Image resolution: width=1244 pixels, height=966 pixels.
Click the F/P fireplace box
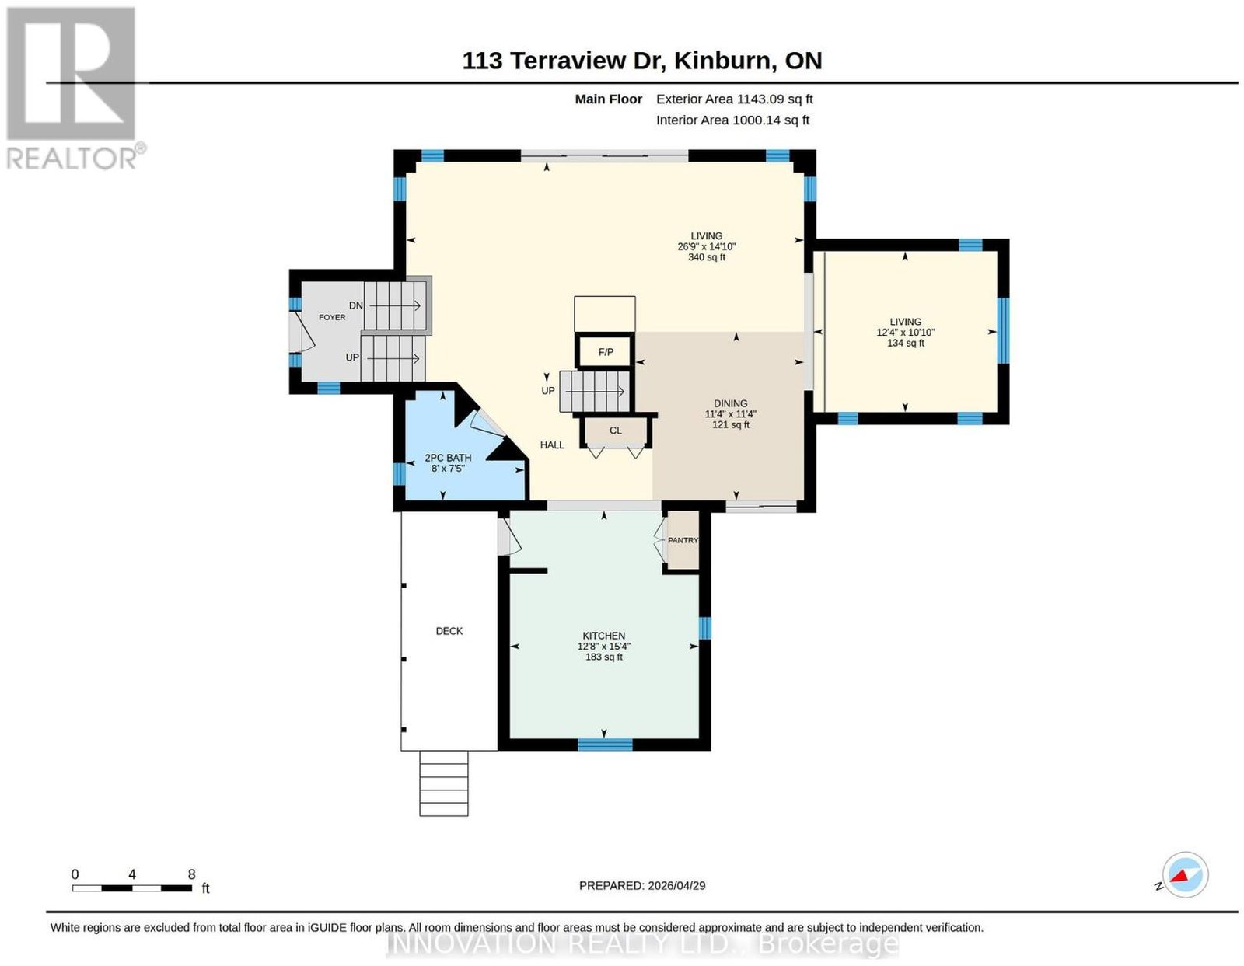point(605,351)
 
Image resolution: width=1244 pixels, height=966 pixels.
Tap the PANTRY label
point(683,540)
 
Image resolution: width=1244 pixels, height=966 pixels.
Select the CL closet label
point(616,431)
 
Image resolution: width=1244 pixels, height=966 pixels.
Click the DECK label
point(449,631)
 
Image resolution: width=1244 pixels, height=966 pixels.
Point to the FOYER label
point(332,317)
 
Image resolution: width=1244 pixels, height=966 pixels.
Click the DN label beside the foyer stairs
point(355,305)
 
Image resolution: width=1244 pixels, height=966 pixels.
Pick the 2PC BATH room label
point(448,458)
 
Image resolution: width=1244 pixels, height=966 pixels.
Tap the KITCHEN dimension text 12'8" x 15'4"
point(603,647)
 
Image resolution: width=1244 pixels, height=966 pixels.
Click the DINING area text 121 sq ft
point(731,424)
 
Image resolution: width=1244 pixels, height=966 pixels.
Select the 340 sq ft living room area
point(707,257)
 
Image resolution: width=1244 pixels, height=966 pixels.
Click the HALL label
point(552,445)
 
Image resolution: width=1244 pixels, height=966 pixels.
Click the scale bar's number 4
point(132,874)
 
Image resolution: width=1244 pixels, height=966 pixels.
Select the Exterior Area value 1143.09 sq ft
point(774,99)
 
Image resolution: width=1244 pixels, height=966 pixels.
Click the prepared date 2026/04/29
point(676,885)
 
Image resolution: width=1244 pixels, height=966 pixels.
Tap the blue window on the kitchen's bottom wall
point(605,744)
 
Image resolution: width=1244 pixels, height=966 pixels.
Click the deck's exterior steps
point(444,783)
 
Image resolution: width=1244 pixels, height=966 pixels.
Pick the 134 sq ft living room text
point(905,344)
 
